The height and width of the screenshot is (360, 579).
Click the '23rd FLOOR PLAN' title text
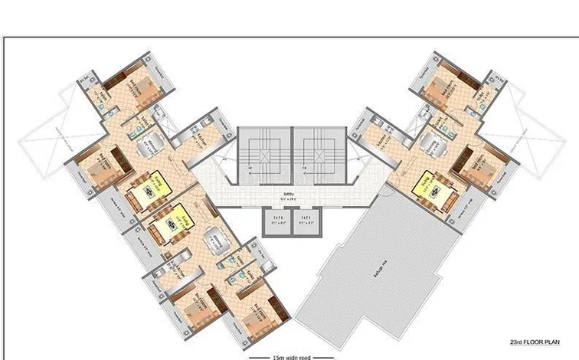[534, 342]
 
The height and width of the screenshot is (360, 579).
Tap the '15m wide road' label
[292, 356]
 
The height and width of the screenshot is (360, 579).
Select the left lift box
[273, 220]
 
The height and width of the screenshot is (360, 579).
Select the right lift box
[306, 220]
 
